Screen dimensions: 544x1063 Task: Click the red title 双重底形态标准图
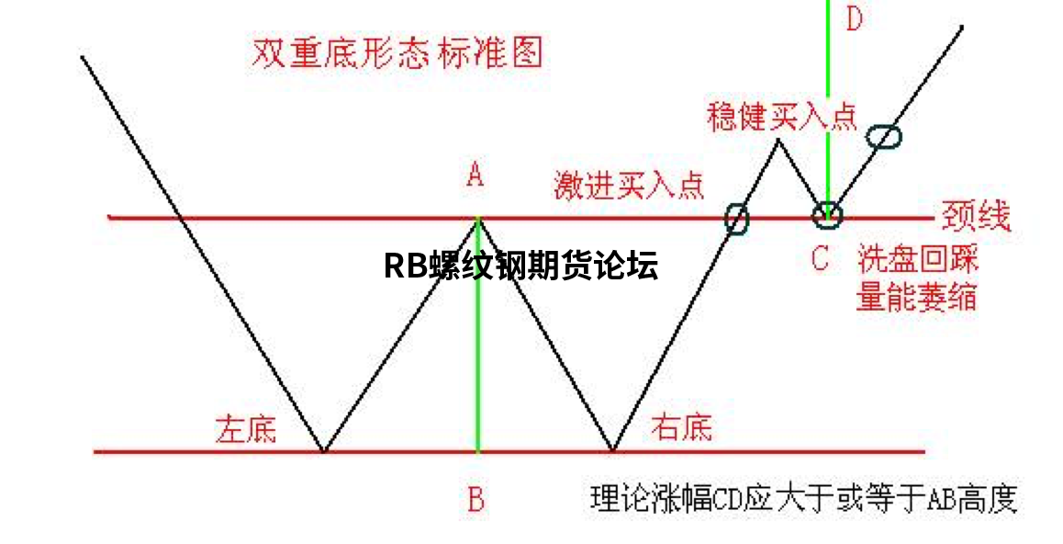click(397, 52)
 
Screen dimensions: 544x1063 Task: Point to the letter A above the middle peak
click(475, 174)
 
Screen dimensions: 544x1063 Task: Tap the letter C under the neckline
click(820, 258)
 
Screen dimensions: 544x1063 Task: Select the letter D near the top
click(854, 19)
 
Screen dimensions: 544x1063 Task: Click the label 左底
click(245, 428)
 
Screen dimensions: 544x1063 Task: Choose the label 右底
click(681, 426)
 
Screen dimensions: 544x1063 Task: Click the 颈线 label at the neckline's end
click(975, 217)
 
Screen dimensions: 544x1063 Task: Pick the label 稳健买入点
click(782, 116)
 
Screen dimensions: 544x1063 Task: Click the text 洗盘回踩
click(917, 258)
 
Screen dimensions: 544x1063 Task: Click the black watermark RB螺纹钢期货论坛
click(520, 266)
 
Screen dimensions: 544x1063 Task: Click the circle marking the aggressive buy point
click(736, 218)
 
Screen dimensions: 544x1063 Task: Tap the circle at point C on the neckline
click(827, 215)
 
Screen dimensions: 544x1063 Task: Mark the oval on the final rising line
click(884, 136)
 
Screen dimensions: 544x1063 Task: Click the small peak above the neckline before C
click(778, 140)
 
